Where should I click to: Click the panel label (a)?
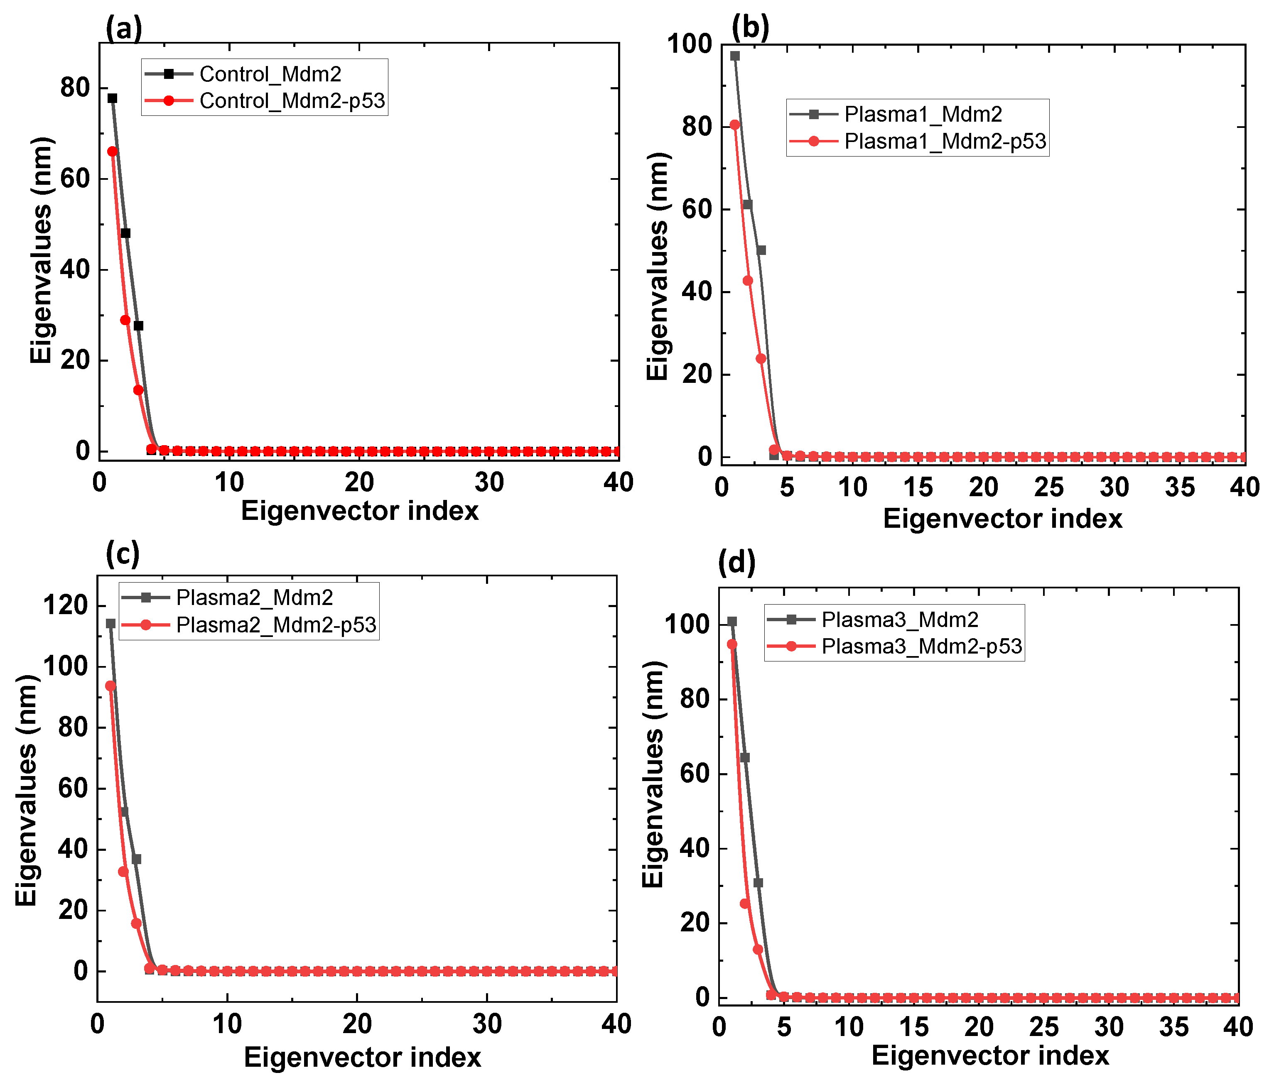pyautogui.click(x=124, y=28)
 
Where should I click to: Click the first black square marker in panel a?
pyautogui.click(x=113, y=98)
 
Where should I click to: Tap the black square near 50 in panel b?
pyautogui.click(x=761, y=250)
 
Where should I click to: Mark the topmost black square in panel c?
pyautogui.click(x=110, y=623)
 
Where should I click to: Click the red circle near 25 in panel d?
pyautogui.click(x=745, y=904)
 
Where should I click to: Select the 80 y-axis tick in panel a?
pyautogui.click(x=75, y=88)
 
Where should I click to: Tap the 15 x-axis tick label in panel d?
pyautogui.click(x=914, y=1027)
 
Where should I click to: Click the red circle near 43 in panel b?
pyautogui.click(x=748, y=281)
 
